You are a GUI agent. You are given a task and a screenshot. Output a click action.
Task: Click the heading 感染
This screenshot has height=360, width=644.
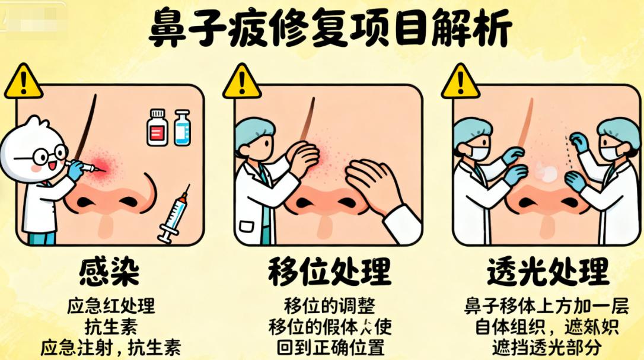[109, 272]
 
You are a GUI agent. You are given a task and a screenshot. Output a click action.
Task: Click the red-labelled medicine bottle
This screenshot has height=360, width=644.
[157, 127]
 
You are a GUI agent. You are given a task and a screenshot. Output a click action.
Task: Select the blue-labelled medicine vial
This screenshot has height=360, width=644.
[182, 128]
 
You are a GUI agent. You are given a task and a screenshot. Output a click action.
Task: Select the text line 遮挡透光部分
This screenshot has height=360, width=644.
[547, 347]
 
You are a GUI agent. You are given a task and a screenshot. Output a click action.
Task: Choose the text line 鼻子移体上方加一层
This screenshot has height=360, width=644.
[546, 307]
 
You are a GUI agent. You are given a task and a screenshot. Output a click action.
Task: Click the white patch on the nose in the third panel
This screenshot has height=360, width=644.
[546, 173]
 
